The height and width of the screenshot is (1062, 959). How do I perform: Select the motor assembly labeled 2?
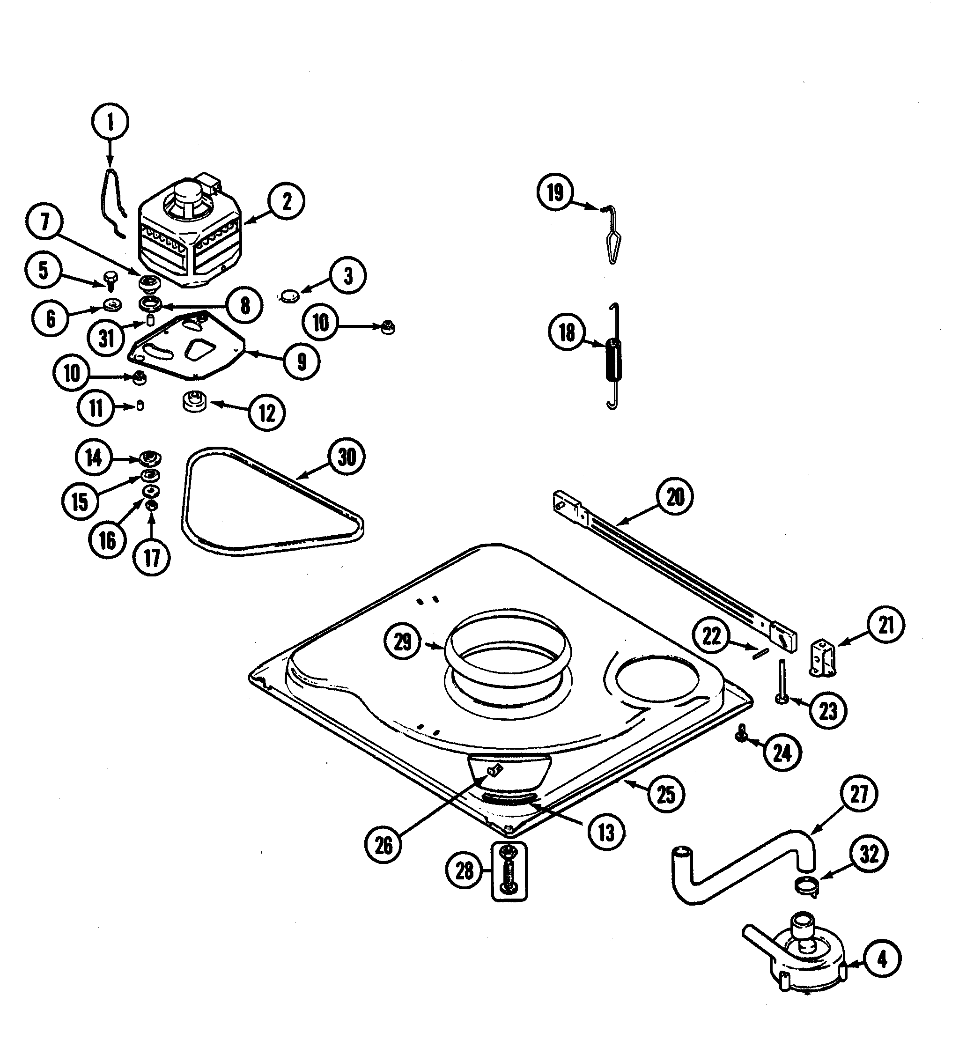(x=190, y=237)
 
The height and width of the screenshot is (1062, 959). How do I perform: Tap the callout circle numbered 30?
(x=346, y=457)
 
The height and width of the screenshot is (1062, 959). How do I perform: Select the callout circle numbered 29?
(x=403, y=642)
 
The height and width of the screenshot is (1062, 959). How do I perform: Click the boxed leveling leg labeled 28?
(x=509, y=871)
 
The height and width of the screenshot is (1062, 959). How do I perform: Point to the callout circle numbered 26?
(x=384, y=846)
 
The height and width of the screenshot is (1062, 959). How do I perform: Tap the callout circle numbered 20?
(x=675, y=497)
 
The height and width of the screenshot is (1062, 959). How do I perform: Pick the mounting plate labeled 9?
(x=187, y=347)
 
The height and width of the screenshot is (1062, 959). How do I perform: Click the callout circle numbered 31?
(x=107, y=338)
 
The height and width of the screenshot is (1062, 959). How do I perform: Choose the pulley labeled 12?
(x=196, y=403)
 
